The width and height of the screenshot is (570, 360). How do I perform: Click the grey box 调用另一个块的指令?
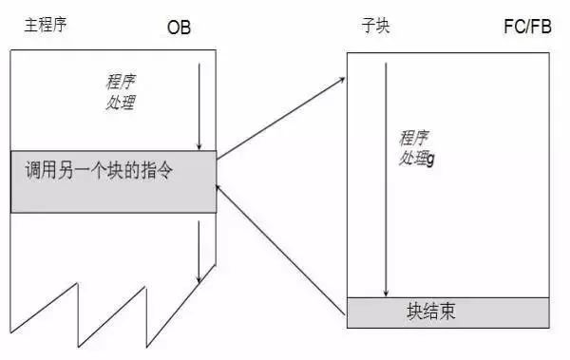pyautogui.click(x=113, y=180)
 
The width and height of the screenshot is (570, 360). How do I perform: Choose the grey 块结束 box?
pyautogui.click(x=446, y=311)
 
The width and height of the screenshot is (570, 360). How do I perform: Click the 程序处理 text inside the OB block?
pyautogui.click(x=121, y=90)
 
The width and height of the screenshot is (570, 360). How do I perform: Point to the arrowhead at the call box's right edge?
pyautogui.click(x=220, y=188)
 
